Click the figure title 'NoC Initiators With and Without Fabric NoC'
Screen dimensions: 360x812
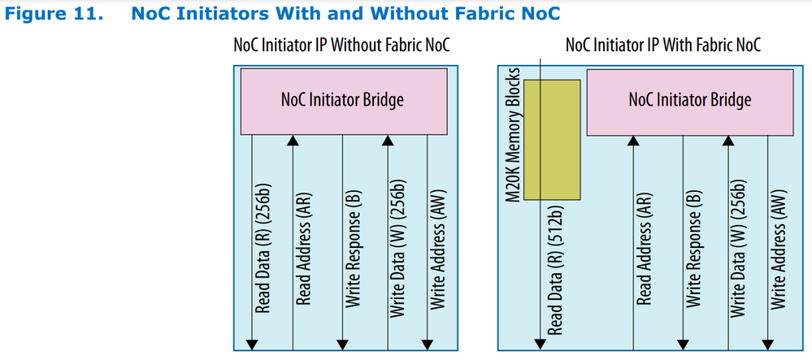(x=345, y=14)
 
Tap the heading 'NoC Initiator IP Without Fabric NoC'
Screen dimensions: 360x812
(x=341, y=44)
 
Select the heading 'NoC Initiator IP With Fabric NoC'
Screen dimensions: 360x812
(x=662, y=44)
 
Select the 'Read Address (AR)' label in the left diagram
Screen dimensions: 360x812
(x=305, y=252)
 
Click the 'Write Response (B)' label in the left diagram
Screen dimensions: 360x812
(x=354, y=252)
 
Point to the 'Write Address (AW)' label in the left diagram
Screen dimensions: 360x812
(x=438, y=252)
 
